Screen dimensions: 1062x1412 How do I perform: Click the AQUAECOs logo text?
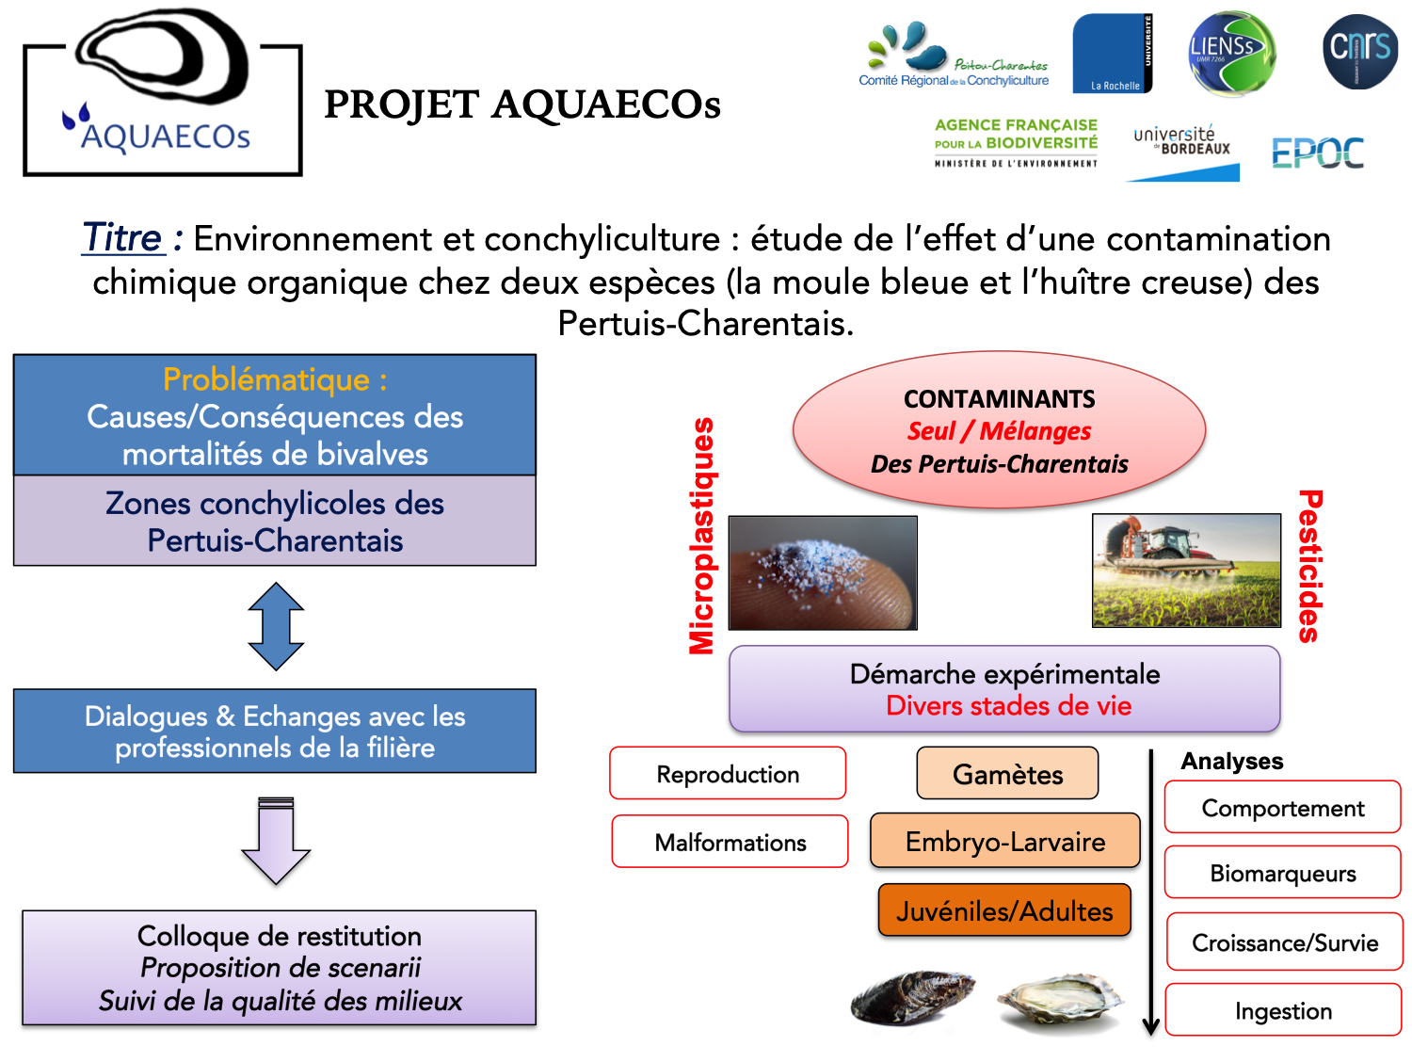click(166, 136)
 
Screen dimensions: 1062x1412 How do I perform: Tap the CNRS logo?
click(1360, 52)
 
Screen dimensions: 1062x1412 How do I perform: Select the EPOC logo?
click(1317, 153)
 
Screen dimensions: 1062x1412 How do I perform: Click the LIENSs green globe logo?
click(1231, 53)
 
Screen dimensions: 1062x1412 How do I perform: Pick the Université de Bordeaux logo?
click(1181, 141)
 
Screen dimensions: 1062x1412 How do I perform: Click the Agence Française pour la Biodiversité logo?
click(1016, 143)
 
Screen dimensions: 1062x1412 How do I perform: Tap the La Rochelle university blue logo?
click(1112, 53)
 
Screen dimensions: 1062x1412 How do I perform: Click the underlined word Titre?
click(122, 237)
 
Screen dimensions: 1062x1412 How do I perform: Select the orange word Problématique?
click(266, 379)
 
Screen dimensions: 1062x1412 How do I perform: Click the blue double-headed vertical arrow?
click(276, 626)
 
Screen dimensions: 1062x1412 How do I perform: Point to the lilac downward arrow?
click(276, 841)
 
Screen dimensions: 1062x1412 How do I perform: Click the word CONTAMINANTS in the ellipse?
click(999, 399)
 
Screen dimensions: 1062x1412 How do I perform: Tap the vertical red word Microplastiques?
click(702, 536)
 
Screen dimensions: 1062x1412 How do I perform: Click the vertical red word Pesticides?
click(1309, 566)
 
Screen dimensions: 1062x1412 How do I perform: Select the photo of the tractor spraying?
click(1186, 570)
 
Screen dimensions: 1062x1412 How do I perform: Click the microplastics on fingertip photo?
click(822, 572)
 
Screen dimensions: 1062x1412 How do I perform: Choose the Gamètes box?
click(1007, 774)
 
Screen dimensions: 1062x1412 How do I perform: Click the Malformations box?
click(730, 842)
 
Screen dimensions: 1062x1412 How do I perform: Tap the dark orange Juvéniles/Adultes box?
click(1003, 910)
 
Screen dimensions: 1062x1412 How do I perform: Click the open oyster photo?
click(1060, 1002)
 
